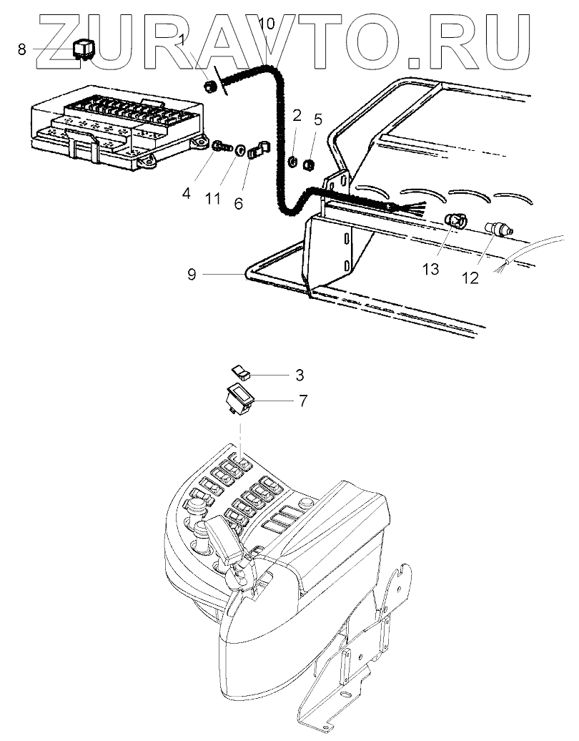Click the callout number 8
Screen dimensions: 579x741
point(21,49)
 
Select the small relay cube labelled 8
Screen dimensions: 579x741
point(84,49)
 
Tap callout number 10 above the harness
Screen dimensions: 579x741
point(267,24)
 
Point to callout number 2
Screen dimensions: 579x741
point(296,115)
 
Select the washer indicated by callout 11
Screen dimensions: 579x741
point(240,150)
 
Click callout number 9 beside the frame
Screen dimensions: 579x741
point(192,274)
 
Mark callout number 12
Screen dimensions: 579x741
point(470,278)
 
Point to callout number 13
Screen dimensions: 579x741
point(431,269)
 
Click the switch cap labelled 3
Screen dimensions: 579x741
point(241,372)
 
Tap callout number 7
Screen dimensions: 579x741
point(302,401)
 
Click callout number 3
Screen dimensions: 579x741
point(300,376)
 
